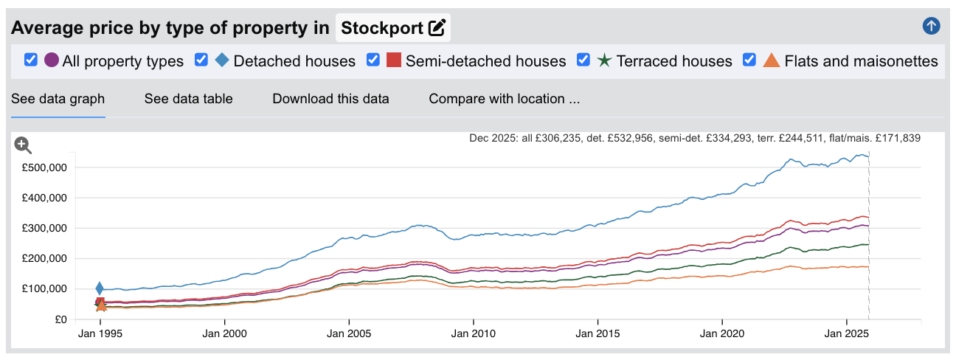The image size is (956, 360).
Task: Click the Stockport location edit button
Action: pyautogui.click(x=437, y=28)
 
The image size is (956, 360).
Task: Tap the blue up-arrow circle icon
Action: pyautogui.click(x=931, y=27)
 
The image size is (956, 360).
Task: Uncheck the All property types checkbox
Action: pyautogui.click(x=31, y=60)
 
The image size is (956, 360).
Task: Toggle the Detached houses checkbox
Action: pyautogui.click(x=201, y=60)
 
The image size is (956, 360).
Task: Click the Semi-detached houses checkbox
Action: pyautogui.click(x=374, y=60)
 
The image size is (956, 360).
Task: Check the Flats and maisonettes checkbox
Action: pyautogui.click(x=750, y=60)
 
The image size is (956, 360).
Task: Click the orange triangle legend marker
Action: pyautogui.click(x=771, y=60)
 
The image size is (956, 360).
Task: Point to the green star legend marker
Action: pyautogui.click(x=604, y=60)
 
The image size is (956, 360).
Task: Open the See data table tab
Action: pyautogui.click(x=188, y=99)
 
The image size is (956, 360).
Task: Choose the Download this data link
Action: pyautogui.click(x=330, y=99)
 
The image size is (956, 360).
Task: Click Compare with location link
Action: pyautogui.click(x=504, y=99)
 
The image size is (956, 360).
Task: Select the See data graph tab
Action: pyautogui.click(x=58, y=99)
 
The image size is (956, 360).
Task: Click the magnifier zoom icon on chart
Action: pyautogui.click(x=23, y=145)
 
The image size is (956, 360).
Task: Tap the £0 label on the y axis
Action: pyautogui.click(x=61, y=319)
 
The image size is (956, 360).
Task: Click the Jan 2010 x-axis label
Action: pyautogui.click(x=473, y=333)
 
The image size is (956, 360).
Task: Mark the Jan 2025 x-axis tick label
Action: pyautogui.click(x=846, y=333)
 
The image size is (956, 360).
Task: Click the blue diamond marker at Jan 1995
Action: pyautogui.click(x=100, y=288)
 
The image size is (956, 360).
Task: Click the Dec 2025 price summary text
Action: pyautogui.click(x=694, y=138)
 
